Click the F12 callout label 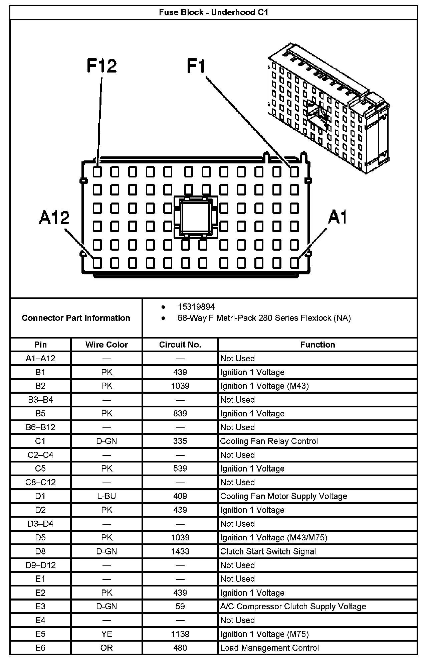pyautogui.click(x=101, y=66)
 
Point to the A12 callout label pyautogui.click(x=54, y=218)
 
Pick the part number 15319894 pyautogui.click(x=196, y=307)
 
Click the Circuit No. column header pyautogui.click(x=180, y=345)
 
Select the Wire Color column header pyautogui.click(x=106, y=345)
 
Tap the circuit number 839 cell pyautogui.click(x=180, y=413)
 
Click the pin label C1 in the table pyautogui.click(x=40, y=441)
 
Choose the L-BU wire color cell pyautogui.click(x=106, y=496)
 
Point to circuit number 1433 pyautogui.click(x=180, y=551)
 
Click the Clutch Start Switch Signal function pyautogui.click(x=268, y=551)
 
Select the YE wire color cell pyautogui.click(x=106, y=634)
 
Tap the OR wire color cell pyautogui.click(x=106, y=648)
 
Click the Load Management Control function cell pyautogui.click(x=269, y=648)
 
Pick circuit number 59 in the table pyautogui.click(x=180, y=606)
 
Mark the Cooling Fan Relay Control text pyautogui.click(x=269, y=441)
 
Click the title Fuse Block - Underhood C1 pyautogui.click(x=213, y=12)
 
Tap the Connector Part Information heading pyautogui.click(x=76, y=318)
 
